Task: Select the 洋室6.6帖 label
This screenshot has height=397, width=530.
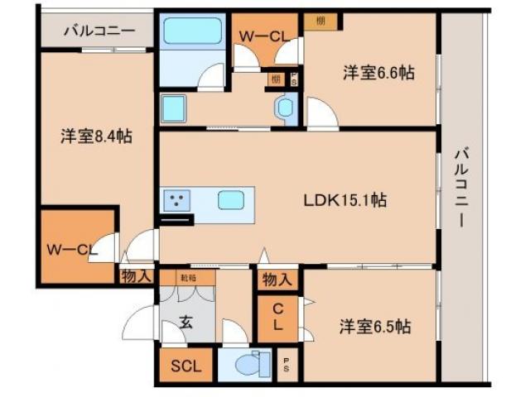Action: (x=379, y=73)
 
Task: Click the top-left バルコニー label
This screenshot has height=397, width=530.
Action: (x=99, y=31)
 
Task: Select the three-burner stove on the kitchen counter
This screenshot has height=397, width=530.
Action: (x=176, y=200)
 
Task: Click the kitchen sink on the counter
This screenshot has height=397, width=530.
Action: (x=231, y=200)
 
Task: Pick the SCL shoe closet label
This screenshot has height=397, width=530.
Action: (x=185, y=365)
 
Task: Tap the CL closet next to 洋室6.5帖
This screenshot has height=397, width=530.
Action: (x=279, y=318)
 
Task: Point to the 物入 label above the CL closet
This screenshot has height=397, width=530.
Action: (x=277, y=280)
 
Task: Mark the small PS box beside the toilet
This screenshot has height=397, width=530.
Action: (x=287, y=364)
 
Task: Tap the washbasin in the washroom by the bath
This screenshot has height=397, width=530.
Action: (x=286, y=106)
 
